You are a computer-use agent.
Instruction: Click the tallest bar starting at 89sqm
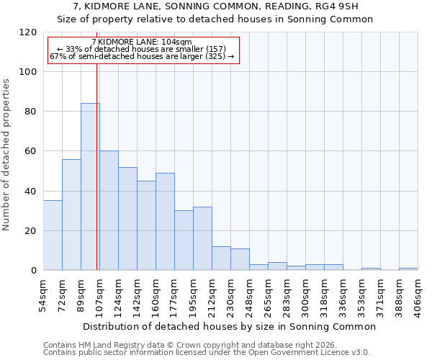90,186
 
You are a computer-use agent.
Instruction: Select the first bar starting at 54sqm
53,235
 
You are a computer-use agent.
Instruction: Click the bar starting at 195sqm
202,238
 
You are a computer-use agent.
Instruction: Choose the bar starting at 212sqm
221,258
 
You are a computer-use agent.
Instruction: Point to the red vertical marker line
96,166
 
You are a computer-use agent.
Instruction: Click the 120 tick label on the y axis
28,32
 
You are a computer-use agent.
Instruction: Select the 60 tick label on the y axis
31,151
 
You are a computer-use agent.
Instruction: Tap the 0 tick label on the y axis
34,270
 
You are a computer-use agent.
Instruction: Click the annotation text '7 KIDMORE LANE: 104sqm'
143,42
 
